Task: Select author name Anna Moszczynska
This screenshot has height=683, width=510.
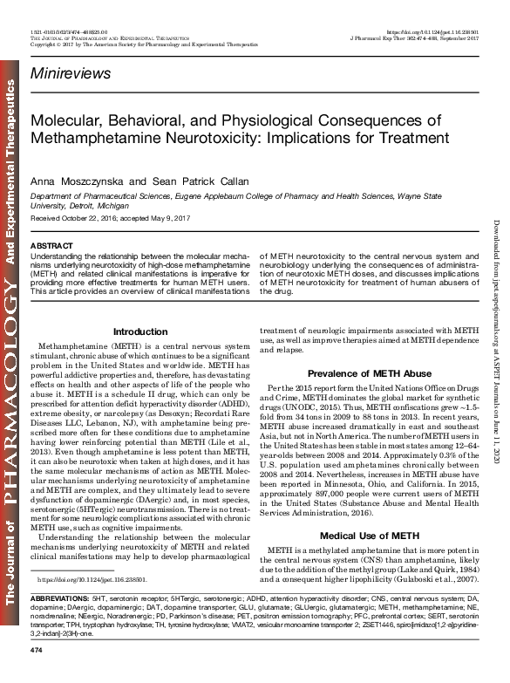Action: pos(71,179)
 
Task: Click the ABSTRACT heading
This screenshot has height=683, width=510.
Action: pos(51,247)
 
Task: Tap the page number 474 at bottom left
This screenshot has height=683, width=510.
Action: pos(36,676)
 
